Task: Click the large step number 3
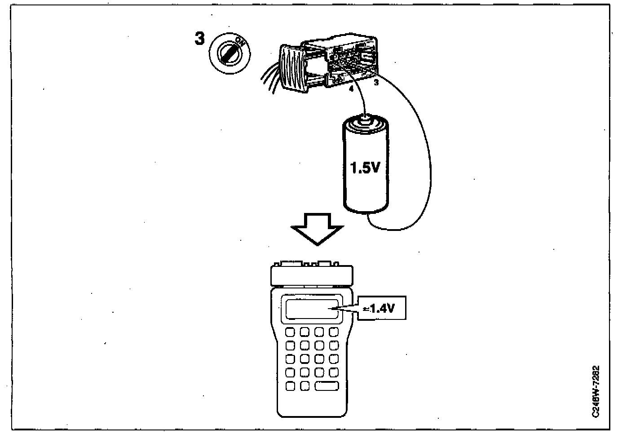199,39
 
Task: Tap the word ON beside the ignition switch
240,42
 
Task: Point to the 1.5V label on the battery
365,168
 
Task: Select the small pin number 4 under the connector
351,89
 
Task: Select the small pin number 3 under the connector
376,83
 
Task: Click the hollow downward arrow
317,228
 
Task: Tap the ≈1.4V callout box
381,308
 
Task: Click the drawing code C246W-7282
596,391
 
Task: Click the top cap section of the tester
311,274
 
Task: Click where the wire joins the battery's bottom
368,215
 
